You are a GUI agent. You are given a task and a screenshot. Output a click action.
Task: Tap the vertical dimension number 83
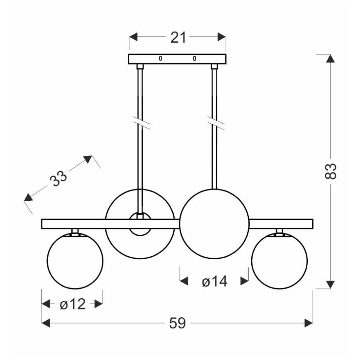(331, 171)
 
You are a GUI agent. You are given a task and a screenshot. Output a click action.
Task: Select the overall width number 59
(177, 323)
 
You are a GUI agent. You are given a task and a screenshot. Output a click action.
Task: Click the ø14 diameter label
(214, 282)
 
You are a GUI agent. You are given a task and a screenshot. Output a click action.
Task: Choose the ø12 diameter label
(72, 304)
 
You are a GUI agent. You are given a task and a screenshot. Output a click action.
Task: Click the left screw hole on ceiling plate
(161, 58)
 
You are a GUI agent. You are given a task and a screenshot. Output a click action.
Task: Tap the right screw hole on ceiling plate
(194, 58)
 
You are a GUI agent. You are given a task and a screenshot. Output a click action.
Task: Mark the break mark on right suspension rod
(214, 124)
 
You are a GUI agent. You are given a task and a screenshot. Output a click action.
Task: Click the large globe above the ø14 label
(214, 224)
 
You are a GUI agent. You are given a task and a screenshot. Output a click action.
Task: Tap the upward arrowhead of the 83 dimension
(331, 58)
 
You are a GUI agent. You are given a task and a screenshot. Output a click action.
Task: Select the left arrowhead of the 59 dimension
(46, 323)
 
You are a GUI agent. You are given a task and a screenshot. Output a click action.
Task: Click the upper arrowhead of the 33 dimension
(88, 159)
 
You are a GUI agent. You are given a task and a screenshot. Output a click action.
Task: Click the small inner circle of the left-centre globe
(140, 224)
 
